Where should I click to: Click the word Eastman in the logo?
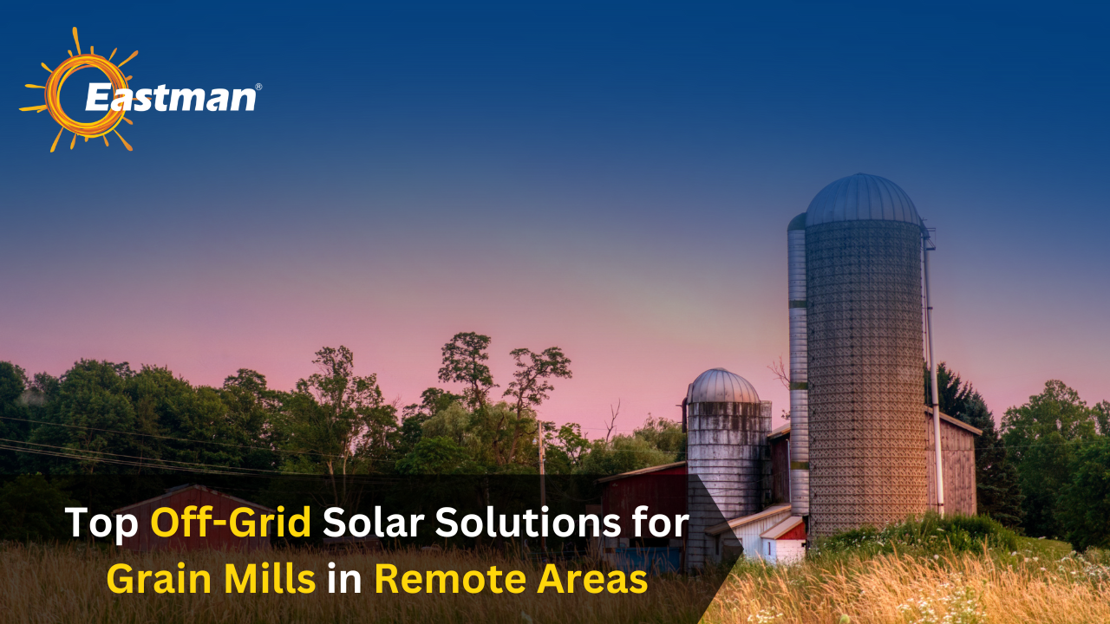tap(171, 97)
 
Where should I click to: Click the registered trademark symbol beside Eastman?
tap(258, 88)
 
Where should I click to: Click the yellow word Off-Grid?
tap(231, 523)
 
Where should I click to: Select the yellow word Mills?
tap(276, 579)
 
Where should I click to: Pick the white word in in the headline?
tap(344, 579)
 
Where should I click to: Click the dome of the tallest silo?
tap(863, 199)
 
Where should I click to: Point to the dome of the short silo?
tap(723, 387)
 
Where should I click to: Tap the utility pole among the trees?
tap(541, 451)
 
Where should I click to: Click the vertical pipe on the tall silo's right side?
tap(933, 373)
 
